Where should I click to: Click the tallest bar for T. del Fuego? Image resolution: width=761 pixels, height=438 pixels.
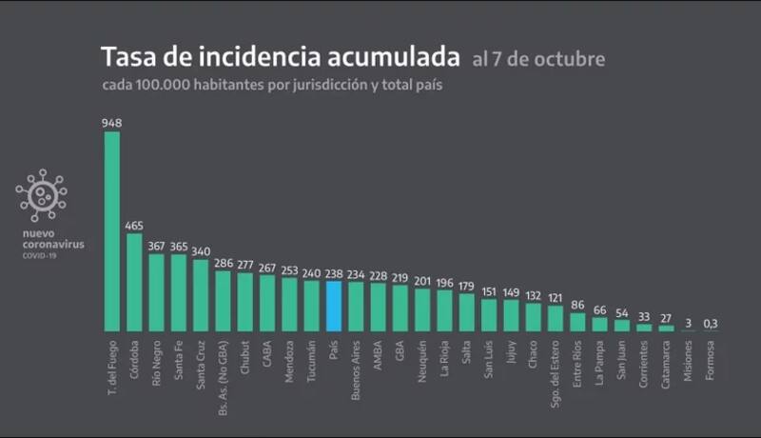coord(111,231)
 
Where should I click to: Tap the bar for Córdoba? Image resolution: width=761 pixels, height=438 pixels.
coord(134,282)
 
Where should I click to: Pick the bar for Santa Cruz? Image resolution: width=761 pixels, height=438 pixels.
coord(201,294)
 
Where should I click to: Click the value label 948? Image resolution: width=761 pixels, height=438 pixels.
coord(111,123)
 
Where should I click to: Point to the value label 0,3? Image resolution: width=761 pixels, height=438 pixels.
coord(711,323)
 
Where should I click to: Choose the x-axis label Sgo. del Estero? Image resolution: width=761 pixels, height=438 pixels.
coord(556,367)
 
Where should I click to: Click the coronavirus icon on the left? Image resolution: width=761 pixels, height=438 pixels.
coord(42,196)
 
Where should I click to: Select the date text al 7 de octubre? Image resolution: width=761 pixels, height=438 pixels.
coord(537,59)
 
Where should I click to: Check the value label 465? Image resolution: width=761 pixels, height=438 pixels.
coord(134,225)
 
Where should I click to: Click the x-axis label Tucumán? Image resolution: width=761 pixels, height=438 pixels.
coord(312,357)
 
